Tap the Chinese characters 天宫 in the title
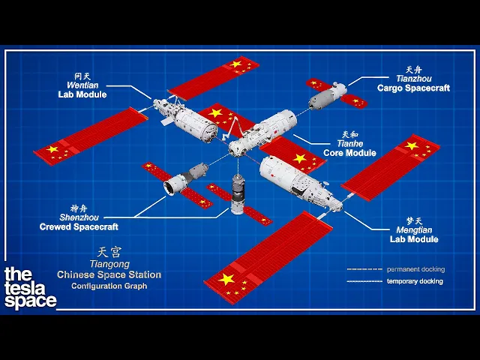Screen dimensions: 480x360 [109, 253]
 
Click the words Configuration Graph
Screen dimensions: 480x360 [109, 286]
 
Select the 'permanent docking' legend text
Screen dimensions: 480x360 [415, 268]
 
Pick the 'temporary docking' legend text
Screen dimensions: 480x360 [415, 281]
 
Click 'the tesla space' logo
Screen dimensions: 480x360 [30, 288]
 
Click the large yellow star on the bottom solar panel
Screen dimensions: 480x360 [226, 279]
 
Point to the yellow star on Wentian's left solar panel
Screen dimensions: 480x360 [52, 149]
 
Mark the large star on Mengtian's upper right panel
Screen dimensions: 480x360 [411, 145]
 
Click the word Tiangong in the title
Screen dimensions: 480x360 [109, 264]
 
